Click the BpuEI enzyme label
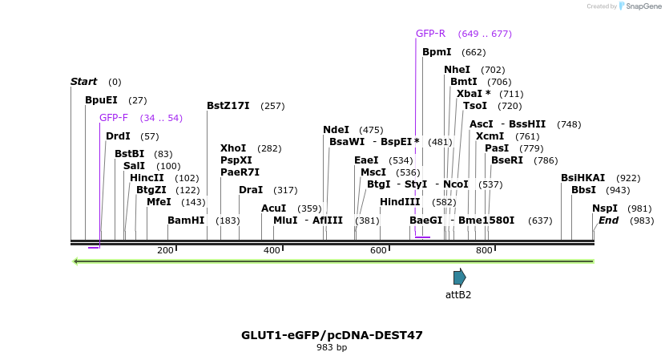pyautogui.click(x=101, y=100)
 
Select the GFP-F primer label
pyautogui.click(x=114, y=118)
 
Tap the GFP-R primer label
pyautogui.click(x=430, y=34)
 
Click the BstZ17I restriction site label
pyautogui.click(x=228, y=106)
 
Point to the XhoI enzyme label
pyautogui.click(x=233, y=148)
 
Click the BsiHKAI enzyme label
pyautogui.click(x=583, y=178)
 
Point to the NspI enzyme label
pyautogui.click(x=606, y=208)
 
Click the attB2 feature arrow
pyautogui.click(x=459, y=277)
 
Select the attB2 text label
pyautogui.click(x=458, y=294)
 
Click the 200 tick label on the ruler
pyautogui.click(x=165, y=251)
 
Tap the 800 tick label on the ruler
pyautogui.click(x=484, y=251)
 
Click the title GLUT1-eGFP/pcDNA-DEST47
pyautogui.click(x=332, y=335)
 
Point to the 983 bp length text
pyautogui.click(x=332, y=348)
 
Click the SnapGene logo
pyautogui.click(x=638, y=6)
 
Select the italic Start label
pyautogui.click(x=83, y=82)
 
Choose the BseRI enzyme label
pyautogui.click(x=507, y=160)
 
